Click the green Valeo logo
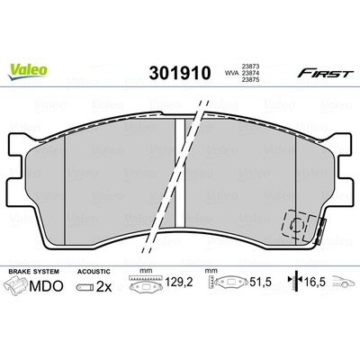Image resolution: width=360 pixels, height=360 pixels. click(28, 72)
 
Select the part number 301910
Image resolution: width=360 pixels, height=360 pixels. click(180, 73)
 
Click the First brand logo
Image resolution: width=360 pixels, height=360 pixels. click(324, 73)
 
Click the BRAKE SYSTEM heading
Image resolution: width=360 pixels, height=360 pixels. click(33, 272)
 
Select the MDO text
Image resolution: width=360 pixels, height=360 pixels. click(46, 285)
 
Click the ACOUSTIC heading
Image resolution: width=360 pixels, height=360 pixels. click(94, 272)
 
